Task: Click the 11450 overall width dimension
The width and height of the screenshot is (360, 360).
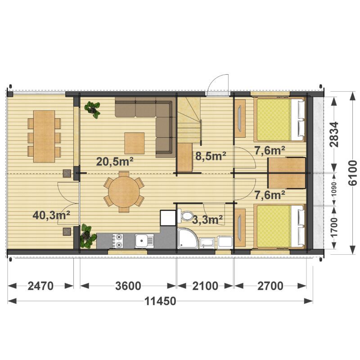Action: click(x=160, y=301)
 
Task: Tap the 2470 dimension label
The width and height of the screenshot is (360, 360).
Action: click(x=40, y=286)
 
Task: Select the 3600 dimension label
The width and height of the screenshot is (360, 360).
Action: click(x=128, y=286)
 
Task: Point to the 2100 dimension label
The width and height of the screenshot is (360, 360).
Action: click(x=205, y=286)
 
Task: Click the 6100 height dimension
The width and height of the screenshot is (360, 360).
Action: click(x=353, y=173)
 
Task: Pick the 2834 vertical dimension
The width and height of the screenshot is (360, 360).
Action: click(x=334, y=134)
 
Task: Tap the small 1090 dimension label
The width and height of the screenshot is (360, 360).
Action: click(x=334, y=189)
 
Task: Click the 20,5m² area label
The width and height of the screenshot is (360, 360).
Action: click(x=115, y=162)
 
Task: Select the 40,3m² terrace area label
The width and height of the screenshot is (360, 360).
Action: click(x=51, y=215)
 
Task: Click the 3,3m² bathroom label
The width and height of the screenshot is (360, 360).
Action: click(x=207, y=220)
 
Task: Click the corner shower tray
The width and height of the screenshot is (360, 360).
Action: click(x=188, y=238)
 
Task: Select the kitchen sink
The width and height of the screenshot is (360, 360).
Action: click(x=144, y=241)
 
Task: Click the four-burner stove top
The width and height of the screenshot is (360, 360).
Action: click(x=118, y=241)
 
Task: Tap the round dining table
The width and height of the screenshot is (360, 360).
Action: click(x=124, y=192)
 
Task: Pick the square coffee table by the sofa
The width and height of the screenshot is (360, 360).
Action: click(x=135, y=143)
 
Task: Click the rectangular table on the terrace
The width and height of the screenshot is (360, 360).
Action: click(x=44, y=136)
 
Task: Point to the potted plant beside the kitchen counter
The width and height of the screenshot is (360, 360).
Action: click(x=87, y=237)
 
